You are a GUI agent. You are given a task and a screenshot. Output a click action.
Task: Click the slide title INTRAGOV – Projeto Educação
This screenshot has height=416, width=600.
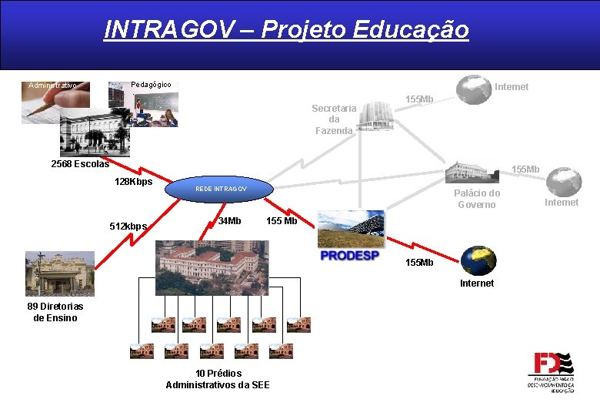[x=286, y=30]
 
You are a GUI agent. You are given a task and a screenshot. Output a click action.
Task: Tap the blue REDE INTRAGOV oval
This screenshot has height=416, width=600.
[x=221, y=189]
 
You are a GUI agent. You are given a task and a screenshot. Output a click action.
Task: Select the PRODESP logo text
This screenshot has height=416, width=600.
[x=349, y=255]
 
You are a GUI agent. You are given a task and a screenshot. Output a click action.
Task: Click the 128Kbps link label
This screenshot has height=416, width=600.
[x=133, y=182]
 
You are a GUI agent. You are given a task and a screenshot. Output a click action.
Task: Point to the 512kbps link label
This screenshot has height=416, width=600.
[x=129, y=226]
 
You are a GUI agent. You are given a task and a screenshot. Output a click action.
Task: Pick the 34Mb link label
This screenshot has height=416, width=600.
[x=229, y=221]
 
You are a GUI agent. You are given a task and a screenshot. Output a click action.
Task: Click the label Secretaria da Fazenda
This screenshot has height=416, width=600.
[x=334, y=119]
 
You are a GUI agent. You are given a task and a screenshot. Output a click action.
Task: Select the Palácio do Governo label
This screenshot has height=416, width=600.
[x=477, y=199]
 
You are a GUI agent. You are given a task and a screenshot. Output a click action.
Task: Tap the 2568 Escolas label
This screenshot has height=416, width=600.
[x=80, y=164]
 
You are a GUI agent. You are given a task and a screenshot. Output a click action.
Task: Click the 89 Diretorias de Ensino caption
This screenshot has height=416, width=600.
[x=55, y=312]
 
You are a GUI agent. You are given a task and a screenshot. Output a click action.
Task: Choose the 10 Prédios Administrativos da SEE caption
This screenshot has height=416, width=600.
[x=218, y=379]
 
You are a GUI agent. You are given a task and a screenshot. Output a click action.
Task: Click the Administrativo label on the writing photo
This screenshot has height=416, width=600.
[x=52, y=85]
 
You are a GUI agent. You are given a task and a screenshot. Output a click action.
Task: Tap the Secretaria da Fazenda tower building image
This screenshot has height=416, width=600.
[x=377, y=116]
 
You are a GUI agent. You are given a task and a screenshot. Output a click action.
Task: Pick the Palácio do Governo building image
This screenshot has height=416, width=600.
[x=472, y=173]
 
